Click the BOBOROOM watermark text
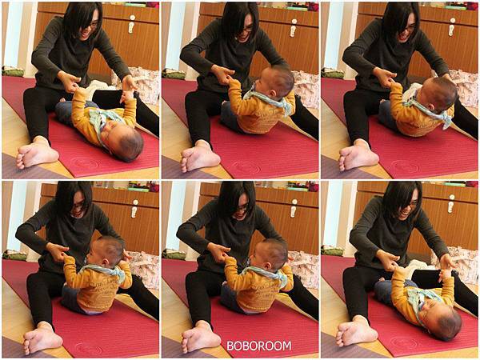point(258,346)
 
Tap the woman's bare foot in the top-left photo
point(37,153)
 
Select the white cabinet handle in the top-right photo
point(451,26)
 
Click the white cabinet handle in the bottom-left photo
point(134,209)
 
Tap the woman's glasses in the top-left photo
point(92,25)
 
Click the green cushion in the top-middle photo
point(174,74)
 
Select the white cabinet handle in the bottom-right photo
point(451,203)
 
